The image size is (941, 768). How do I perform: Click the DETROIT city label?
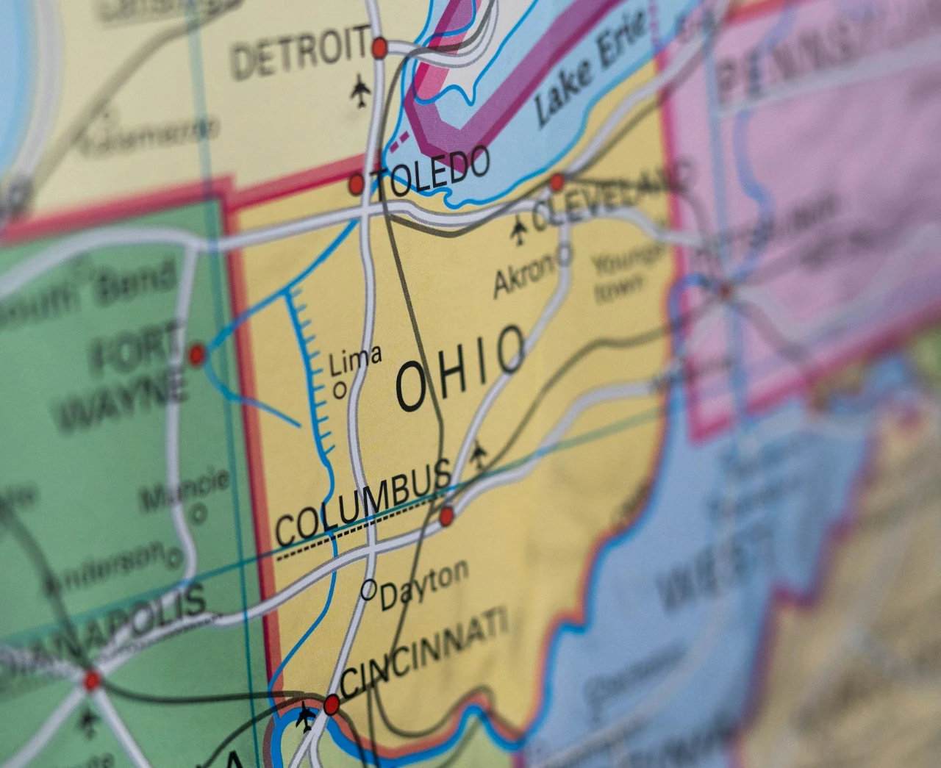pyautogui.click(x=300, y=52)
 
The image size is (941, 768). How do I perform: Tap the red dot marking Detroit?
pyautogui.click(x=379, y=48)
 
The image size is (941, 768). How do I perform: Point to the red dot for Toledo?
pyautogui.click(x=357, y=184)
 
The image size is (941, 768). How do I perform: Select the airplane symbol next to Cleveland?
pyautogui.click(x=519, y=230)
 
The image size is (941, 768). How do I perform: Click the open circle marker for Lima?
pyautogui.click(x=340, y=390)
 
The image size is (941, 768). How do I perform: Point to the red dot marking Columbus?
pyautogui.click(x=446, y=517)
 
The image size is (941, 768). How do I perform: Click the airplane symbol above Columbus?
pyautogui.click(x=479, y=454)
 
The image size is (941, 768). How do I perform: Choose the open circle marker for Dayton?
pyautogui.click(x=368, y=589)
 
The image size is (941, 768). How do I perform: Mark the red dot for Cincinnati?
pyautogui.click(x=332, y=705)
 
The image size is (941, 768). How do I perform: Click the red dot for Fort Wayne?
pyautogui.click(x=196, y=356)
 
